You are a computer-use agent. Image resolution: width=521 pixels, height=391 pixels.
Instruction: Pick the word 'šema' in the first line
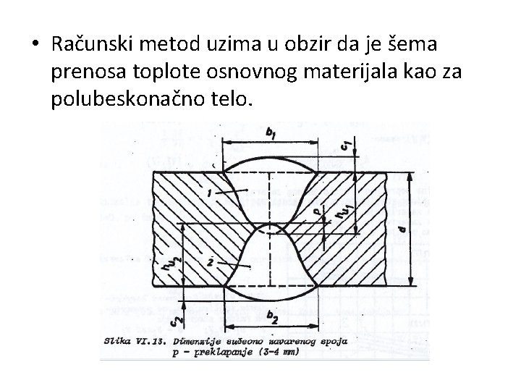[432, 45]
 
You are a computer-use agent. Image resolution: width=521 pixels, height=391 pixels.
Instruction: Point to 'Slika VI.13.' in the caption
[135, 339]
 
